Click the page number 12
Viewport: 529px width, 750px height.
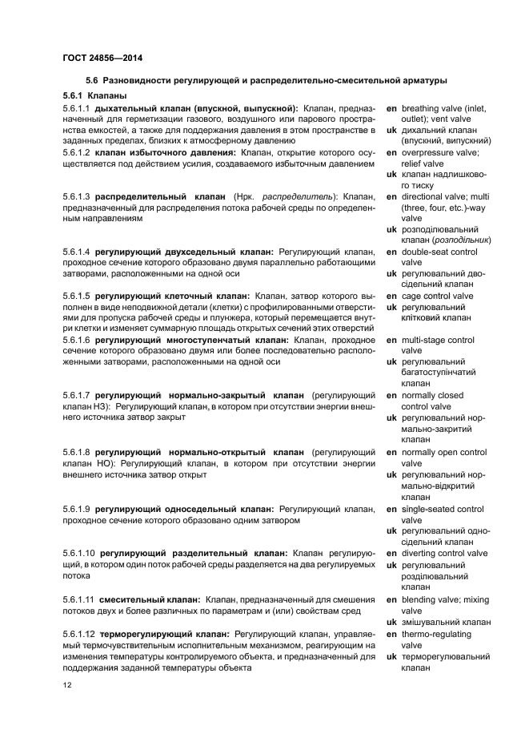coord(67,684)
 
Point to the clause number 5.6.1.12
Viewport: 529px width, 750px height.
coord(78,635)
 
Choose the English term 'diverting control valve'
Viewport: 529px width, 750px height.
coord(444,554)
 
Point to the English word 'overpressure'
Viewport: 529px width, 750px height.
coord(427,152)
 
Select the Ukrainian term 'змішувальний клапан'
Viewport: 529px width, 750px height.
coord(446,623)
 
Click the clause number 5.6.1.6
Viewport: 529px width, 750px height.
coord(76,340)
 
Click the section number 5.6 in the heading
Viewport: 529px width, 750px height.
coord(92,80)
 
